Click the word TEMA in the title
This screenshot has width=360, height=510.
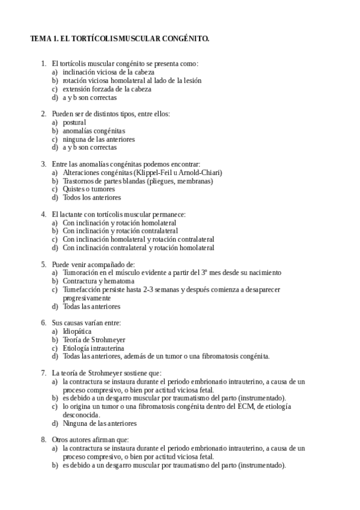tap(41, 38)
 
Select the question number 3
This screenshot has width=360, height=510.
tap(43, 164)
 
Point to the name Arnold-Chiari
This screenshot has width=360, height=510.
tap(195, 172)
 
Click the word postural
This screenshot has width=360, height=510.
tap(75, 122)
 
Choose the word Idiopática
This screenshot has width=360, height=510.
tap(77, 331)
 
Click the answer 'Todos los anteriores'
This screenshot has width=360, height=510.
tap(91, 197)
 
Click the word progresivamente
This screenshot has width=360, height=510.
tap(87, 298)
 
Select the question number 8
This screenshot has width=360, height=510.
tap(43, 440)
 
